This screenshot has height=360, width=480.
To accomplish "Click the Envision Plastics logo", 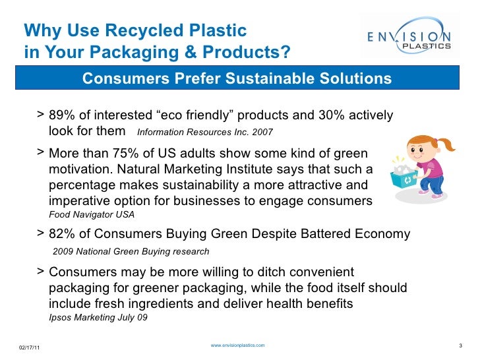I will [409, 39].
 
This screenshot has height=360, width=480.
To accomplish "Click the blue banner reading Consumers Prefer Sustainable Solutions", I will [237, 79].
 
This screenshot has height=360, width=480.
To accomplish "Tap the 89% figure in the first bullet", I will [62, 116].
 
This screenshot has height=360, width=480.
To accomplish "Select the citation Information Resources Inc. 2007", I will [204, 132].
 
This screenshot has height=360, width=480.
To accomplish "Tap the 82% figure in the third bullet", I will [62, 234].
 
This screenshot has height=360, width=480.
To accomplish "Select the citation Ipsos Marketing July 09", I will [98, 318].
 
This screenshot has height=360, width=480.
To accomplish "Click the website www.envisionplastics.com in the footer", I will [237, 345].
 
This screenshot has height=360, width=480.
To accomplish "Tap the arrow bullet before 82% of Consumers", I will [42, 233].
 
